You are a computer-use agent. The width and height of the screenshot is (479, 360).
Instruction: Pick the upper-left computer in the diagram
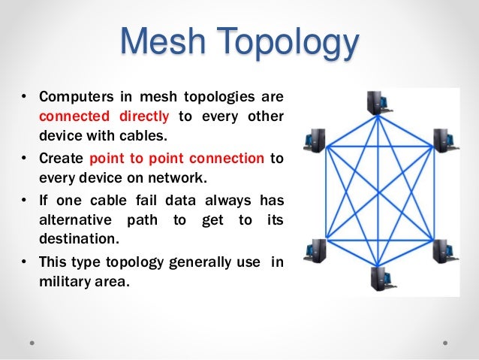[x=314, y=141]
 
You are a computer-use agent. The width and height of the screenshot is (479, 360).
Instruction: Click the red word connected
[x=70, y=116]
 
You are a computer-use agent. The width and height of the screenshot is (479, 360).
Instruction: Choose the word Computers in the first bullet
[x=71, y=97]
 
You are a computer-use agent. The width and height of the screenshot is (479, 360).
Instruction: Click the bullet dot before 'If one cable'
[x=24, y=200]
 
